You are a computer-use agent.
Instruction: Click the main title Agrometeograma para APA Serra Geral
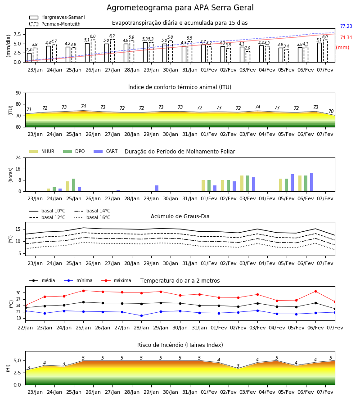180,8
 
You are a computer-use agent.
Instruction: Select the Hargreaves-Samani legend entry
57,17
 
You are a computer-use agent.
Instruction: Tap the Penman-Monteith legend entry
55,24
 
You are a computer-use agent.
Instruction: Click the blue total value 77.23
346,26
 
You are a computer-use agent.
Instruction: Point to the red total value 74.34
346,37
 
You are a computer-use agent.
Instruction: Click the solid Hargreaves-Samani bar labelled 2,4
29,58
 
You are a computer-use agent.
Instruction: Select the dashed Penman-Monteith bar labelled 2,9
247,57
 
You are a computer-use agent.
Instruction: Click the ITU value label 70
331,111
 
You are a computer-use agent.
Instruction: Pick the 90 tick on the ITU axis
18,93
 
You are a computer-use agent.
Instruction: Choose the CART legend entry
106,151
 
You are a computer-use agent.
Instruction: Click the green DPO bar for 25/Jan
74,185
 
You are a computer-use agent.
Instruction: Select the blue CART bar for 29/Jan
157,188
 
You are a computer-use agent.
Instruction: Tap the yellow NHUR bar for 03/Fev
242,184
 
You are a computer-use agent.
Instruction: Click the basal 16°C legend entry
92,217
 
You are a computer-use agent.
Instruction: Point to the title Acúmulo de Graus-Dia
180,216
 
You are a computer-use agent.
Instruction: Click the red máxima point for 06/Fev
315,291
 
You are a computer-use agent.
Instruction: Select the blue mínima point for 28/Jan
141,315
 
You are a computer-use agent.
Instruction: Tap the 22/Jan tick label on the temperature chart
25,328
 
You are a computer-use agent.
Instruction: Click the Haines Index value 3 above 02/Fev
238,366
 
